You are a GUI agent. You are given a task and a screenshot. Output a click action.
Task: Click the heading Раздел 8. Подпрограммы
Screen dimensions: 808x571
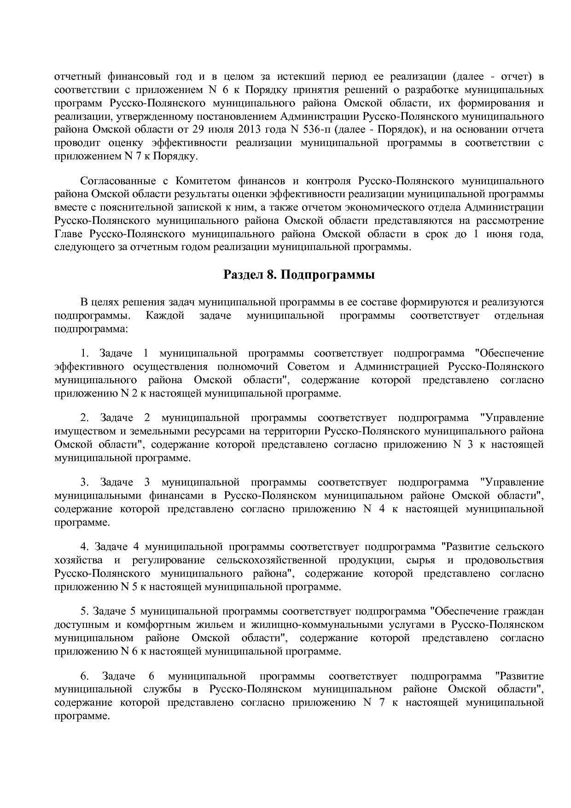(299, 275)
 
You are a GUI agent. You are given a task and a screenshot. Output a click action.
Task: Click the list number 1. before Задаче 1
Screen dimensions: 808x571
(84, 353)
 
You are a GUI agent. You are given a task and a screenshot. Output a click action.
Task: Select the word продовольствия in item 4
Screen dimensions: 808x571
(504, 560)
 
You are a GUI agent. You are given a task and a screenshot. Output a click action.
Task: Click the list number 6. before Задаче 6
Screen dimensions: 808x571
(84, 676)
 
